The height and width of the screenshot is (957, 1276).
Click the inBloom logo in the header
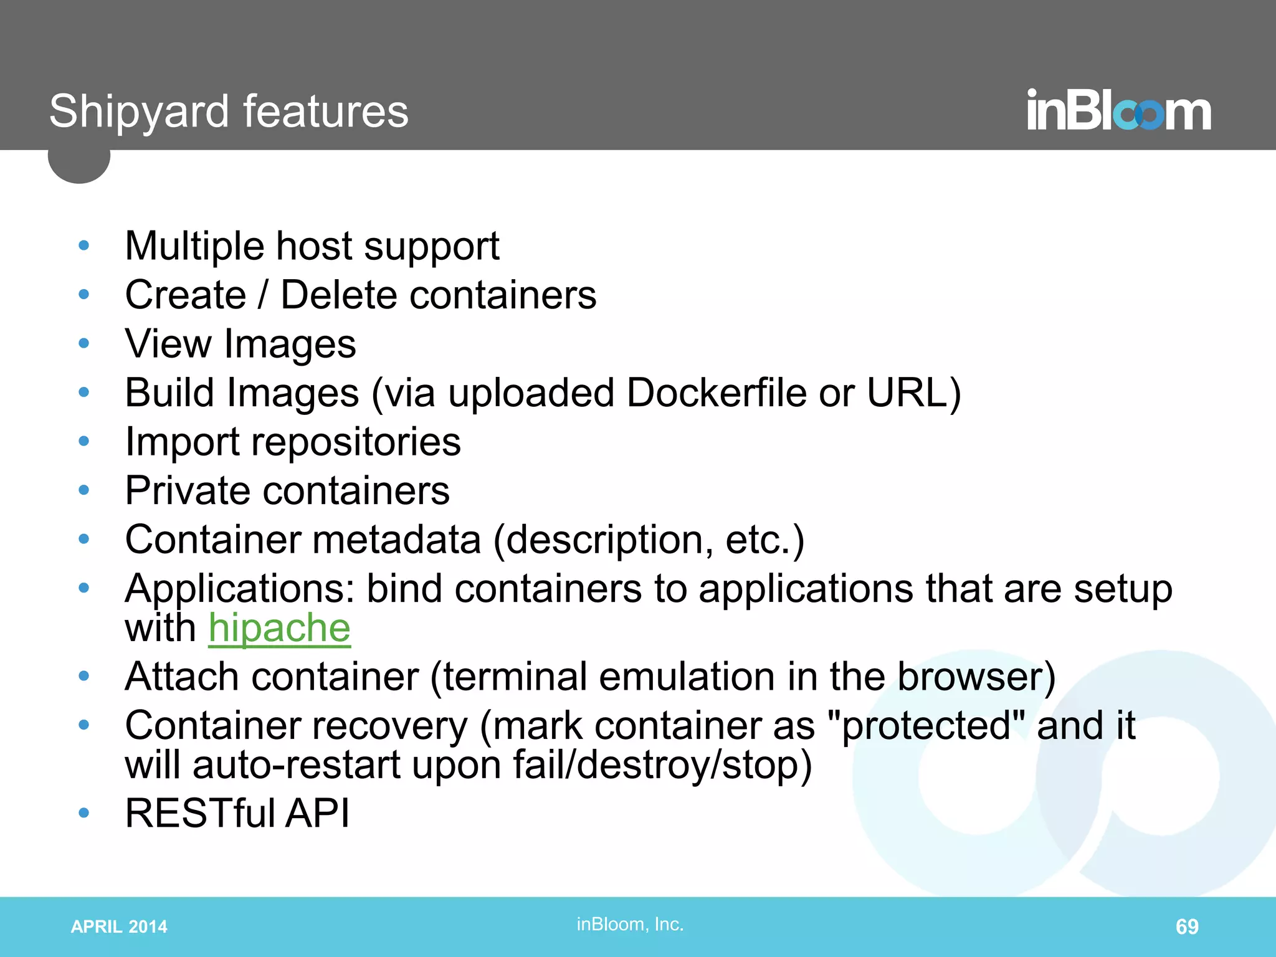[1118, 110]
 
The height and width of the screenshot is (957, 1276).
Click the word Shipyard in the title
[139, 112]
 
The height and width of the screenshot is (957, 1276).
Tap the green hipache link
[279, 628]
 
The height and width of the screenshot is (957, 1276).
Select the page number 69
[1186, 926]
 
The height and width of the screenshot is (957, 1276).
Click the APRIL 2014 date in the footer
[119, 926]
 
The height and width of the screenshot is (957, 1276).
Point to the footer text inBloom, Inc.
[630, 924]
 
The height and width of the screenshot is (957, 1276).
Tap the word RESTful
[199, 813]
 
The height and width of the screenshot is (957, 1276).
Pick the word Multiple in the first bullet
[194, 246]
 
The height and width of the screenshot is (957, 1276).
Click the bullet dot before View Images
[84, 343]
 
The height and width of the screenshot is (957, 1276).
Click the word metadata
[396, 540]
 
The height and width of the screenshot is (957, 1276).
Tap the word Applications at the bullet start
[239, 589]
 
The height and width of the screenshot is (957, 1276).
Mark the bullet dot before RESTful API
[84, 812]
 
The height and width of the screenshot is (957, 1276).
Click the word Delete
[338, 295]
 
